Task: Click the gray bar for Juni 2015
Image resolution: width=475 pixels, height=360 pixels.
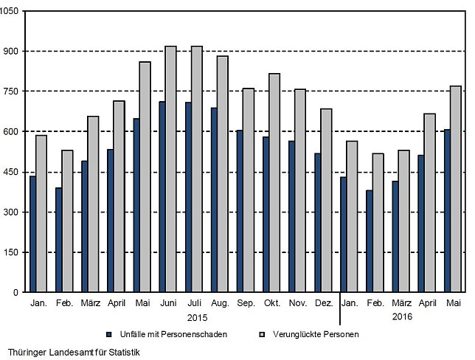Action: [171, 169]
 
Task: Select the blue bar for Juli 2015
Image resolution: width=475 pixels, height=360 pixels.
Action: [188, 197]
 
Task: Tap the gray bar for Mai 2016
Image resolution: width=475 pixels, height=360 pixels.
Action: [456, 189]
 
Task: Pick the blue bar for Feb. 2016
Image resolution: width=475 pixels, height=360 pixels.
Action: [370, 241]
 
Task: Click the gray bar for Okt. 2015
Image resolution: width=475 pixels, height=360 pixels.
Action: [274, 183]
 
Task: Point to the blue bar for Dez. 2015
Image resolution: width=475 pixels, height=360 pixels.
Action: [317, 223]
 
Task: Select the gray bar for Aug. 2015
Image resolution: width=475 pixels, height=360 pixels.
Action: [223, 174]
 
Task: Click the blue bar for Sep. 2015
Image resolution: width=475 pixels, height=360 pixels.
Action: [240, 211]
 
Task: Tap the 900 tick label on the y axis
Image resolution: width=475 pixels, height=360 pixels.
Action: [11, 51]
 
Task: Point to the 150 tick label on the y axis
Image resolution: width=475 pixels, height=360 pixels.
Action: [11, 252]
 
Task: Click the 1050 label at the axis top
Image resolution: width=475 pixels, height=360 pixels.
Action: [9, 11]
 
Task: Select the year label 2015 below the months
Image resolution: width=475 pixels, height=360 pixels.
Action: [197, 317]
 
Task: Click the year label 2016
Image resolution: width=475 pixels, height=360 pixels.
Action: [402, 316]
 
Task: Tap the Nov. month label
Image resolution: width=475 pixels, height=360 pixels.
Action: [298, 302]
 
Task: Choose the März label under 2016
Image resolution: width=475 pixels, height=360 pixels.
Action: [402, 302]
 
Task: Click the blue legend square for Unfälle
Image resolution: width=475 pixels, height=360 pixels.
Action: [109, 334]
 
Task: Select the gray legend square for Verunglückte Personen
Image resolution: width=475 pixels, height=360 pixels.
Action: [263, 334]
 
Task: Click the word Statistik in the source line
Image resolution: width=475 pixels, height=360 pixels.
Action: [124, 353]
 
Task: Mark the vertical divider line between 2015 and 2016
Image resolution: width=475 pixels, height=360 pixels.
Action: [340, 308]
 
